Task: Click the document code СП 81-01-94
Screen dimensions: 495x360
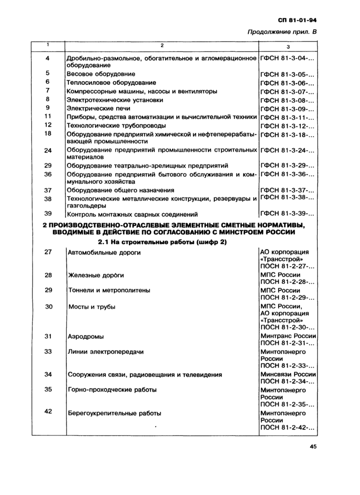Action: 297,20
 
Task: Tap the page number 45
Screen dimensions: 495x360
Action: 313,447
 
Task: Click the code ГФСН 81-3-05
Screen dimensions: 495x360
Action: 287,74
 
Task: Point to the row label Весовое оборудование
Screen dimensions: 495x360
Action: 101,74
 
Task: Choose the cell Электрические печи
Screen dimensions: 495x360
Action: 98,108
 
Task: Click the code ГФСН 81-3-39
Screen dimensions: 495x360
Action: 287,214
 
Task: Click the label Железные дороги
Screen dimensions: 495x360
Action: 96,276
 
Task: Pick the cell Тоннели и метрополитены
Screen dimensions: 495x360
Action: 109,290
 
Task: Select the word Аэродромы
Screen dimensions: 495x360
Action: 86,337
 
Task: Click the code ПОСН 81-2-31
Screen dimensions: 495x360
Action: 287,343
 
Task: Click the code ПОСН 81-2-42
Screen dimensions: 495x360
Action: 287,428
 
